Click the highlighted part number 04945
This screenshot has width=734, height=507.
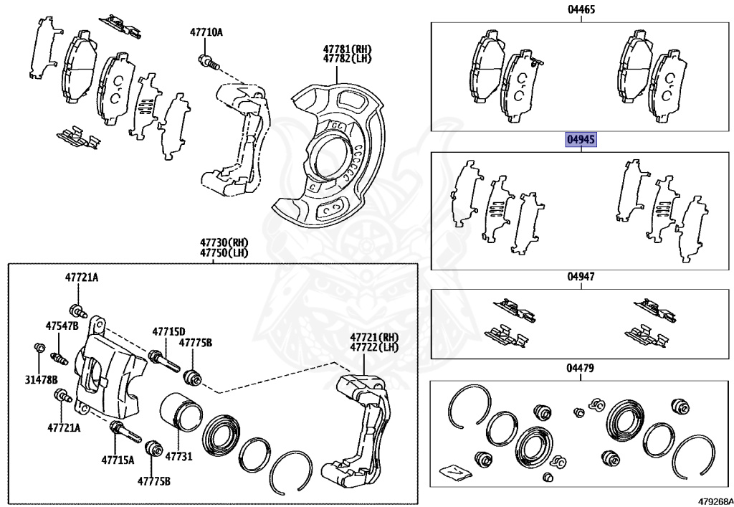pyautogui.click(x=581, y=140)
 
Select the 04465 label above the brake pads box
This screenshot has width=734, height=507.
pyautogui.click(x=581, y=9)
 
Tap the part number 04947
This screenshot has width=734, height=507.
pyautogui.click(x=581, y=276)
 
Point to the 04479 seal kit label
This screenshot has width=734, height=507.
pyautogui.click(x=581, y=368)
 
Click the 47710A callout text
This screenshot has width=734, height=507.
pyautogui.click(x=206, y=32)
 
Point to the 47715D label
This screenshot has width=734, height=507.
pyautogui.click(x=168, y=331)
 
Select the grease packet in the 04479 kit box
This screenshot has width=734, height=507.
pyautogui.click(x=454, y=471)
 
